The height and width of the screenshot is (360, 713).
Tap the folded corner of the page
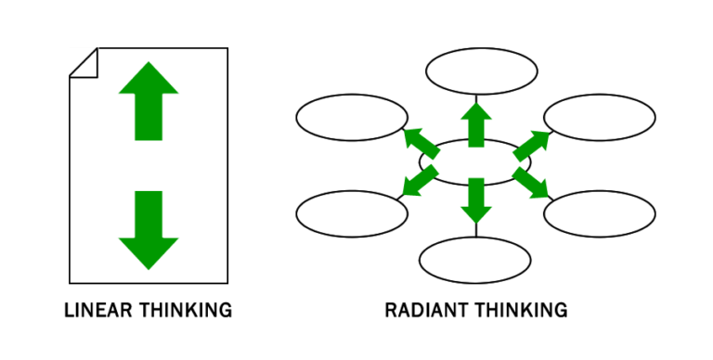pyautogui.click(x=83, y=62)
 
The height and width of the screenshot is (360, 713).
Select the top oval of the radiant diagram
pyautogui.click(x=481, y=71)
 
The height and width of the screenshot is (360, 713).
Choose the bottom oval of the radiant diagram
pyautogui.click(x=475, y=260)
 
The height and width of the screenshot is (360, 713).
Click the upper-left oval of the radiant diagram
pyautogui.click(x=352, y=118)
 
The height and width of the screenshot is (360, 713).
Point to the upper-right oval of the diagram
pyautogui.click(x=600, y=118)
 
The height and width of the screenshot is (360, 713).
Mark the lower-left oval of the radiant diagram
pyautogui.click(x=352, y=212)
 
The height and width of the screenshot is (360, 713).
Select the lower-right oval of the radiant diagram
pyautogui.click(x=600, y=212)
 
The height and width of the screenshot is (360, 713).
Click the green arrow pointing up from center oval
pyautogui.click(x=476, y=124)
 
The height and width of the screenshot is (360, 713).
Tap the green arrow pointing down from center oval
pyautogui.click(x=476, y=199)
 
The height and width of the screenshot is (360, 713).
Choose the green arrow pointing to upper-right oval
pyautogui.click(x=531, y=144)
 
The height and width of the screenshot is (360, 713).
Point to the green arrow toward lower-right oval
pyautogui.click(x=532, y=183)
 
